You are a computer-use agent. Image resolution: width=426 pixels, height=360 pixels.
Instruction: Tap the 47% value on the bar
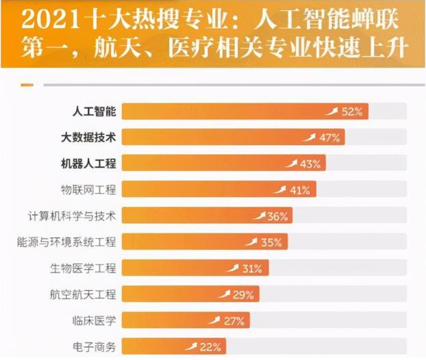[x=329, y=138]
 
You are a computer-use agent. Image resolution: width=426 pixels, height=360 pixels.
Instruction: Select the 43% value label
[x=310, y=164]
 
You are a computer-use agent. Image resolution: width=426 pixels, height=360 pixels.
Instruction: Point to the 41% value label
[x=299, y=190]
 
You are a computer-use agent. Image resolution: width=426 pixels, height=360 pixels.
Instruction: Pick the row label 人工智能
[x=95, y=111]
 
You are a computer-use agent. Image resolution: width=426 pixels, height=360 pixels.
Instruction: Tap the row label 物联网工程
[x=89, y=190]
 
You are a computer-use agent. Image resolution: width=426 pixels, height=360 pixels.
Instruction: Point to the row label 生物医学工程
[x=84, y=268]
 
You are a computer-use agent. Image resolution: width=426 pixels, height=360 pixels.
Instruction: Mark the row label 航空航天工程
[x=84, y=294]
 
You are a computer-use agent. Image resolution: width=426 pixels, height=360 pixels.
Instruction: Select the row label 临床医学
[x=95, y=320]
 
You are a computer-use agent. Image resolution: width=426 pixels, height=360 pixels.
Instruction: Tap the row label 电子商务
[x=95, y=346]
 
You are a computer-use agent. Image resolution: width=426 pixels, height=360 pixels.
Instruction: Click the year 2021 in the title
[x=45, y=19]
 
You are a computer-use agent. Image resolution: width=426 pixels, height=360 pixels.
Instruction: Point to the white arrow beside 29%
[x=225, y=294]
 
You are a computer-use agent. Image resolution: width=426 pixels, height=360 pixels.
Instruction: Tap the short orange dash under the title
[x=27, y=85]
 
